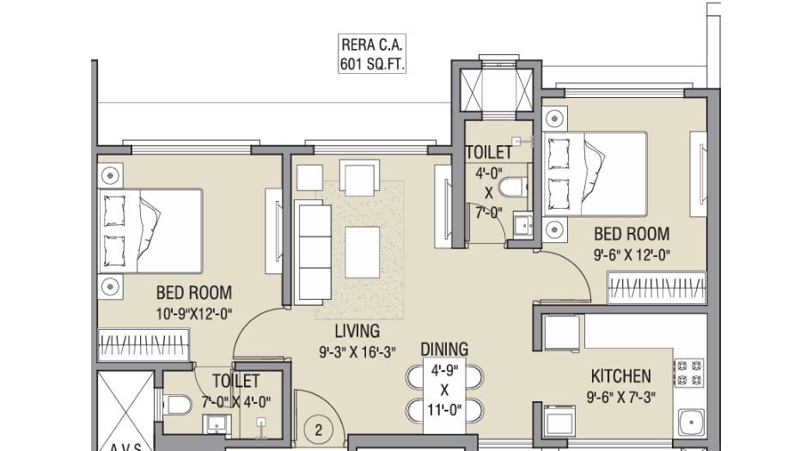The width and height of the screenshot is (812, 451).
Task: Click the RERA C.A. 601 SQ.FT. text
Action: pyautogui.click(x=373, y=53)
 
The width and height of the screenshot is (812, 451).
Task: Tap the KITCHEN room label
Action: pyautogui.click(x=620, y=376)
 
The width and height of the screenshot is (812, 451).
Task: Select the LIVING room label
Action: pyautogui.click(x=357, y=330)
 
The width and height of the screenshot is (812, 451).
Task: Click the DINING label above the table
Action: pyautogui.click(x=444, y=349)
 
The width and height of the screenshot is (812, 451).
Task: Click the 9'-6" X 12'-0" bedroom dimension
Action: pyautogui.click(x=631, y=254)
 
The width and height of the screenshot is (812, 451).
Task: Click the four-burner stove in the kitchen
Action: pyautogui.click(x=688, y=371)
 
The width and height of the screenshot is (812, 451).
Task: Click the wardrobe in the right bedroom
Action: pyautogui.click(x=656, y=287)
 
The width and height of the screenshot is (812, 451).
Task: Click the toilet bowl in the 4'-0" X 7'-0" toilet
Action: pyautogui.click(x=512, y=187)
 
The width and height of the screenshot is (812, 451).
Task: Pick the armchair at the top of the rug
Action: pyautogui.click(x=358, y=177)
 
